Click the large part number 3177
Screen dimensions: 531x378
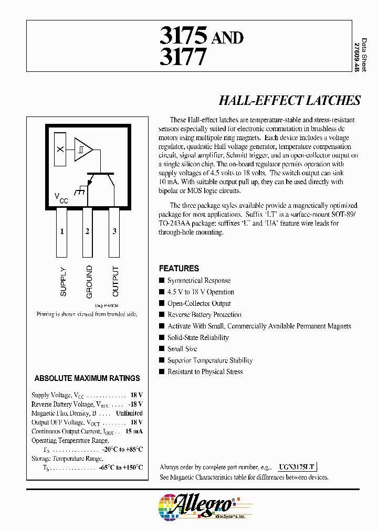coord(183,56)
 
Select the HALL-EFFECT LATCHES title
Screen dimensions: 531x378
coord(289,101)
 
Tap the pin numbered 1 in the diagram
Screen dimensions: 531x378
coord(62,231)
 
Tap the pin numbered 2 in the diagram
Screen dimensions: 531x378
coord(87,231)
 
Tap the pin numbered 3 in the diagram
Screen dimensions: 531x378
coord(114,231)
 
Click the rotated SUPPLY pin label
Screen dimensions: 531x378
coord(63,282)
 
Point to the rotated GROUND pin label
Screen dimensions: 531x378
coord(89,282)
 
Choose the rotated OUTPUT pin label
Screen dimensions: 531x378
coord(115,282)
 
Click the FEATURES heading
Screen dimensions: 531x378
coord(178,268)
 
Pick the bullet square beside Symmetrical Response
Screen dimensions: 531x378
coord(162,281)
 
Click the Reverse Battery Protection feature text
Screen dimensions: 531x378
coord(204,315)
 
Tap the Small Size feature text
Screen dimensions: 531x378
coord(183,349)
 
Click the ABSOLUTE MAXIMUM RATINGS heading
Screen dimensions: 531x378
coord(87,378)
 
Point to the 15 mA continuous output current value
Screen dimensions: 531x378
coord(134,431)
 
